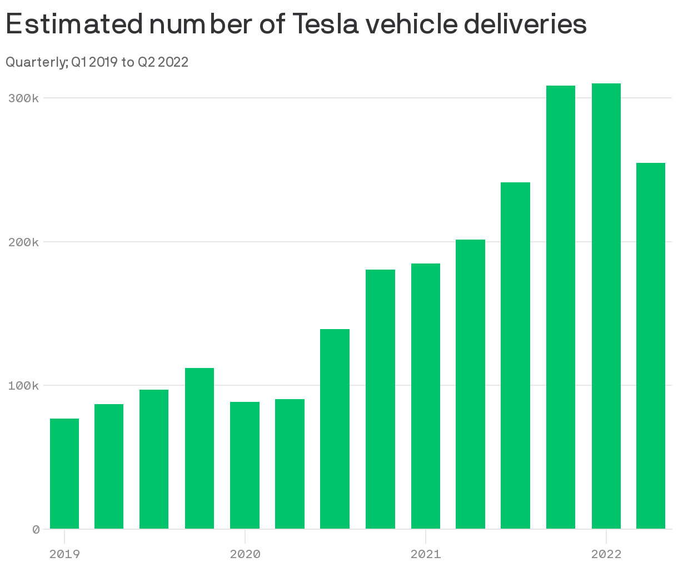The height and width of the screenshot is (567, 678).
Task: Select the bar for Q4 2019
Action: (x=200, y=448)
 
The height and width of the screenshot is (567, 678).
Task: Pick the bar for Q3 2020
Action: (x=335, y=429)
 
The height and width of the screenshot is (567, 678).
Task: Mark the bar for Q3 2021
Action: (x=515, y=355)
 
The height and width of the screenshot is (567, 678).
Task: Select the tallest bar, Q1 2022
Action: (x=606, y=306)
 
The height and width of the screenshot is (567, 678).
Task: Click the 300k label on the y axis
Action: (x=23, y=98)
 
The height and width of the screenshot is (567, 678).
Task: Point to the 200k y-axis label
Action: (x=23, y=242)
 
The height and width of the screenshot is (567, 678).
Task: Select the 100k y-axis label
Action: (x=23, y=386)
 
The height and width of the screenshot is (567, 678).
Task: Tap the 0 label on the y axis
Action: (x=36, y=530)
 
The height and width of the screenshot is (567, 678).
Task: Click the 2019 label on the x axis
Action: (x=64, y=554)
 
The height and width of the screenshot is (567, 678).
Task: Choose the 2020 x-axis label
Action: (x=245, y=554)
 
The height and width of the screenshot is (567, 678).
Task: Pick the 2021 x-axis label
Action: (x=426, y=554)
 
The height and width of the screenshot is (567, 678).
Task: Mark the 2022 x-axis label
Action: (x=606, y=554)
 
